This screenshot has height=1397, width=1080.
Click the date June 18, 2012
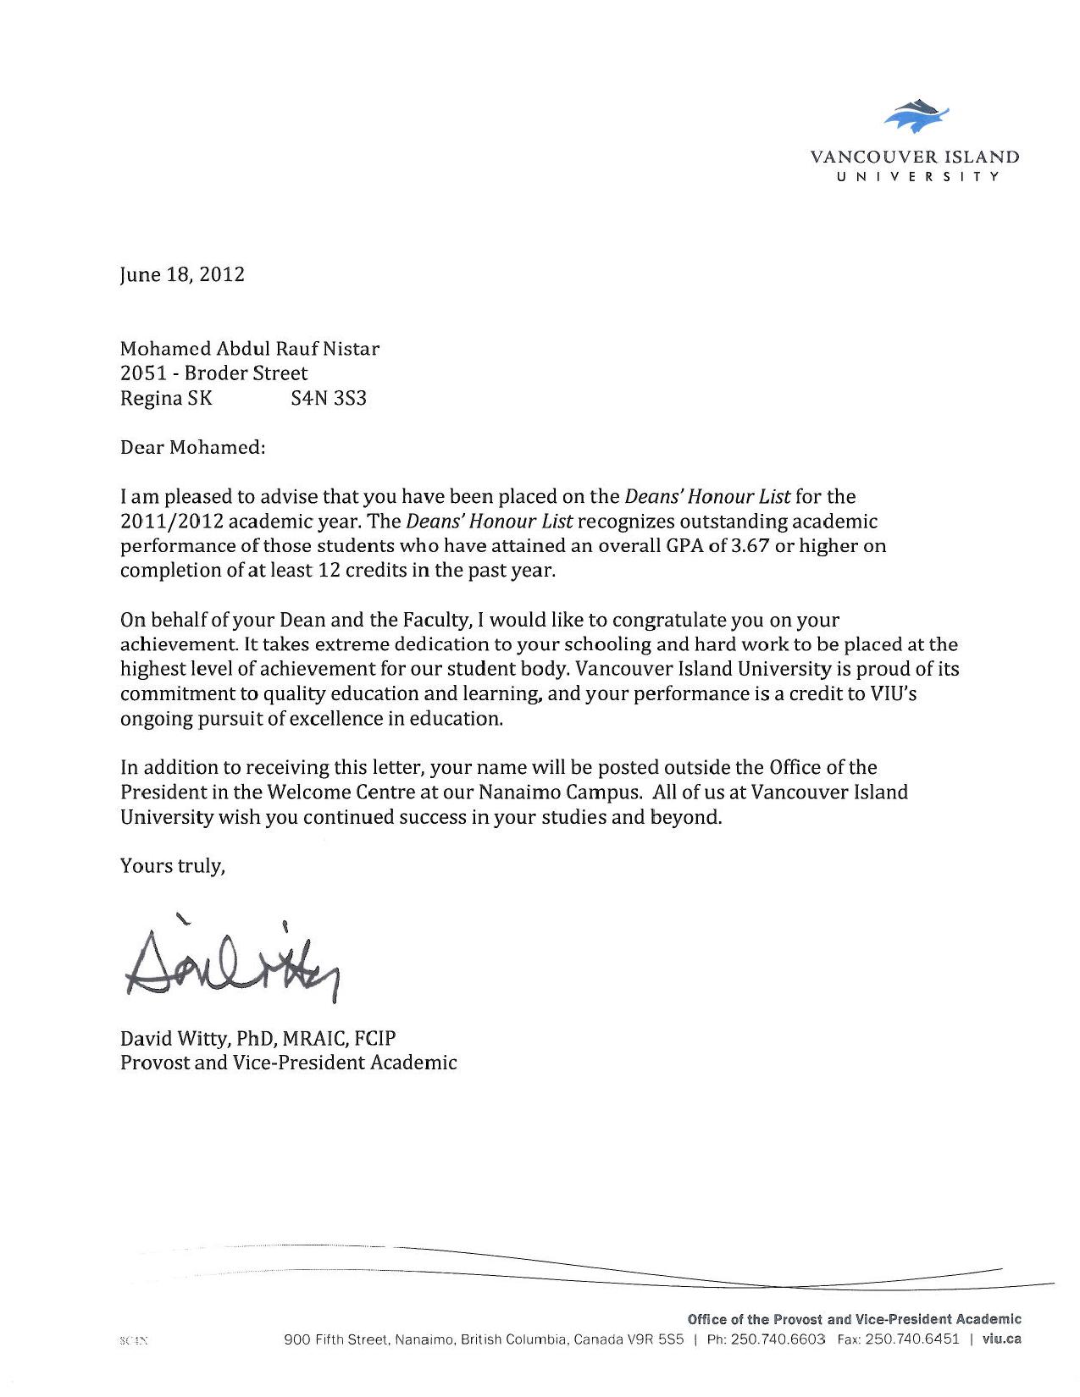(x=182, y=274)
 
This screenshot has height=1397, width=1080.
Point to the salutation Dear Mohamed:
(x=193, y=447)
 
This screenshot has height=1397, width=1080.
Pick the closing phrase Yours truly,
(x=173, y=866)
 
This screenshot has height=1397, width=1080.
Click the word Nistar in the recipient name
(x=352, y=348)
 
